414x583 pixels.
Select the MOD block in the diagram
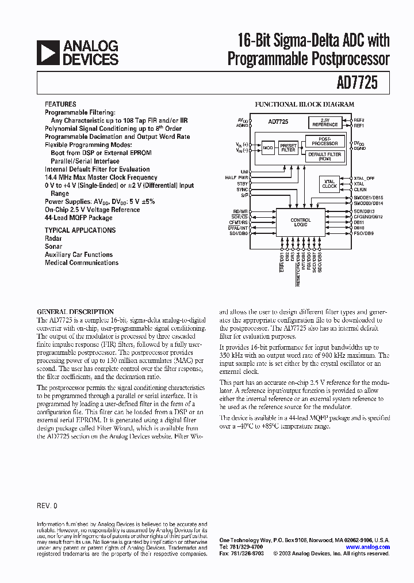coord(268,149)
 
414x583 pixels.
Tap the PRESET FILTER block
coord(288,148)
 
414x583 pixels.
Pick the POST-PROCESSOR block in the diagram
coord(324,141)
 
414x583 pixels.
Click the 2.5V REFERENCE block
coord(325,123)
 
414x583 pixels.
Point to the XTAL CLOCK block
coord(329,184)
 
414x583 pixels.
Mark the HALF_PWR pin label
coord(237,177)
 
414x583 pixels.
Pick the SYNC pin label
coord(242,190)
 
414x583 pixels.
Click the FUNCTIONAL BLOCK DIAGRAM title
coord(304,105)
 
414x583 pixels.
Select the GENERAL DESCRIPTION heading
coord(75,312)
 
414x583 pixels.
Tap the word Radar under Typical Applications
coord(53,238)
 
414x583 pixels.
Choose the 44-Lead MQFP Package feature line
coord(79,218)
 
